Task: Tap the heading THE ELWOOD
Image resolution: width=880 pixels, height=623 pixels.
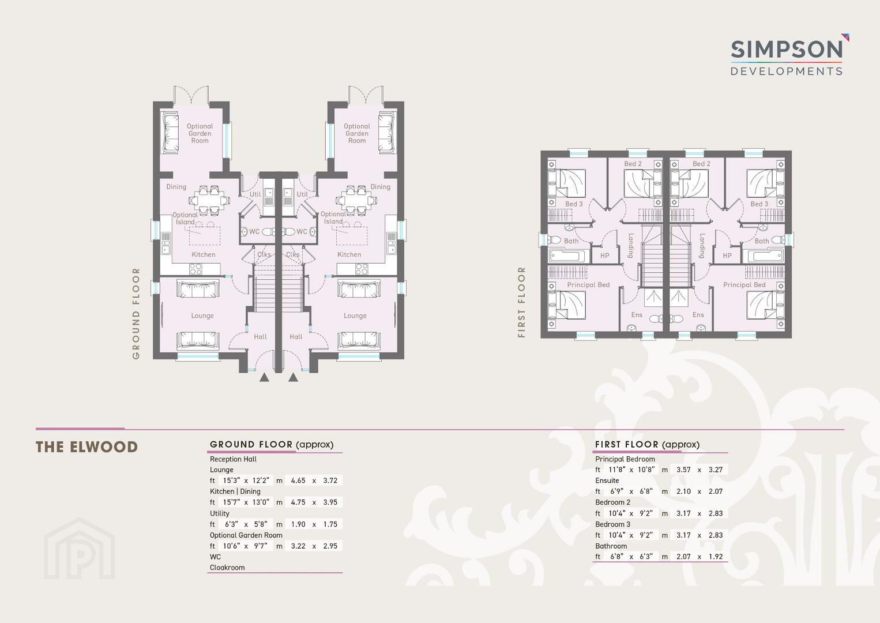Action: (87, 447)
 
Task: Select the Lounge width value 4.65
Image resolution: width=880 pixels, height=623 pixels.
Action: (298, 481)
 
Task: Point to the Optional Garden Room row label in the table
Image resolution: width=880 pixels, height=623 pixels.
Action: (246, 535)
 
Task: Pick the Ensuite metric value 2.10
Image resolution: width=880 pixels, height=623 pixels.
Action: (683, 491)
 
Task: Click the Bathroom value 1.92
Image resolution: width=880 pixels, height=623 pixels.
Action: (716, 557)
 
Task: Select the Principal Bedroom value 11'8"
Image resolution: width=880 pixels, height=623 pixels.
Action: (616, 470)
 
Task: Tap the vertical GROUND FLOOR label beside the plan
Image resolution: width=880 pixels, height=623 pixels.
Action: (136, 314)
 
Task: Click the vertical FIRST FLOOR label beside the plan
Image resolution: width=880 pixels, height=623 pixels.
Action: (521, 302)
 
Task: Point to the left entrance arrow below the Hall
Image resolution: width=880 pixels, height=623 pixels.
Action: (264, 377)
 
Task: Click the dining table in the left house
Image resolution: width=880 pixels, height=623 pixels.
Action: (209, 200)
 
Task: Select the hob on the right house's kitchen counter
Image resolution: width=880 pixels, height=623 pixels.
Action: (362, 269)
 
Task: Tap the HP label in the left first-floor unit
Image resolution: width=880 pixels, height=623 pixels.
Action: (604, 256)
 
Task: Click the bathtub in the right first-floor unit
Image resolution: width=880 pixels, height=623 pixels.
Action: (764, 256)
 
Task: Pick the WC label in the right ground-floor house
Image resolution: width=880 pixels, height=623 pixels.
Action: (302, 231)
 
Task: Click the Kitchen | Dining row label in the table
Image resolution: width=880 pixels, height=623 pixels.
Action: (235, 491)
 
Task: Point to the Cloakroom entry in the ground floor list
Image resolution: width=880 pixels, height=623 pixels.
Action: (227, 568)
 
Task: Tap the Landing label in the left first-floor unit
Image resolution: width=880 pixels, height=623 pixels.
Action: (630, 246)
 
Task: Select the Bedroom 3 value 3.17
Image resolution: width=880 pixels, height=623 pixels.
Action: (683, 535)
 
